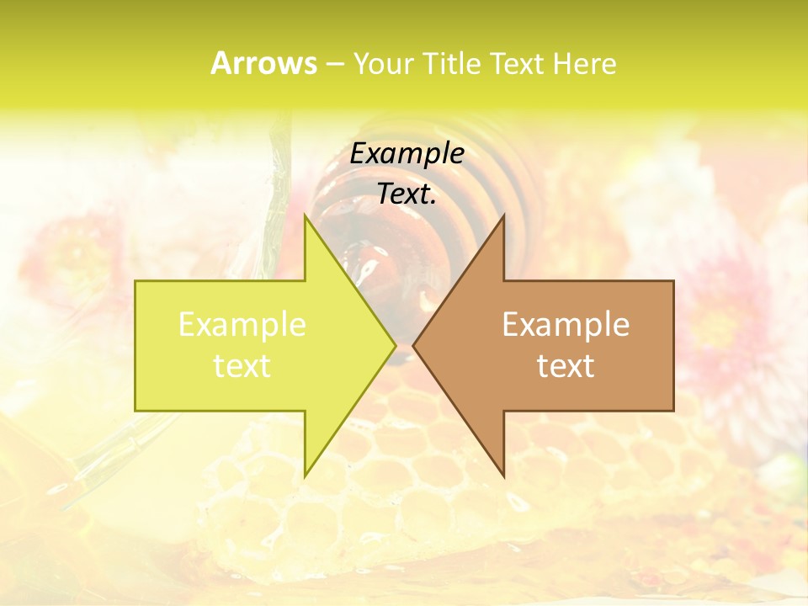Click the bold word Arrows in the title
point(263,63)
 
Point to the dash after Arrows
point(333,64)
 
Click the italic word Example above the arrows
point(407,154)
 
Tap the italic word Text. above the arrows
point(407,194)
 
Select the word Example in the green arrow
point(242,325)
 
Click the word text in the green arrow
point(242,366)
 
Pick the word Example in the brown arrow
point(566,325)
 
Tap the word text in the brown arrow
point(566,366)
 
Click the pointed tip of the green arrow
point(395,345)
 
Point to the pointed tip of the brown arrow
point(414,345)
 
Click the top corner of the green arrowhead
point(305,215)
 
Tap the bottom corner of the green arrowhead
point(305,476)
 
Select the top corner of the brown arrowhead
point(503,215)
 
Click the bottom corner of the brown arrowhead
point(503,476)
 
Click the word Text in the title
point(521,64)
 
